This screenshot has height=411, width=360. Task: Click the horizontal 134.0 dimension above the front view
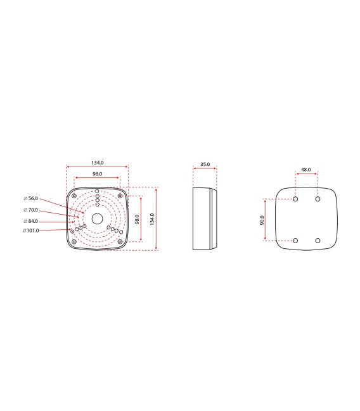[x=97, y=163]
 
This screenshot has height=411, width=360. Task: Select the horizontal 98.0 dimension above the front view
[x=97, y=174]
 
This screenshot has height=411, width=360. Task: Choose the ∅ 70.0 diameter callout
[x=31, y=210]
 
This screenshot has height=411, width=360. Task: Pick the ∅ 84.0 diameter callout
[x=31, y=220]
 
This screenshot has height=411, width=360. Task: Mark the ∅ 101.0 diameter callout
[x=31, y=231]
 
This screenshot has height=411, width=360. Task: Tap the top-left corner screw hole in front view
[x=75, y=196]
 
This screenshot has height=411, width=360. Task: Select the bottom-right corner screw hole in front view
[x=119, y=241]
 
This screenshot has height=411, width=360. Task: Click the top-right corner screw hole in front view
[x=119, y=196]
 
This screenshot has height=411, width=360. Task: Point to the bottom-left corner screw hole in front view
[x=75, y=241]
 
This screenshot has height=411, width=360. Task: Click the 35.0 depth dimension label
[x=205, y=164]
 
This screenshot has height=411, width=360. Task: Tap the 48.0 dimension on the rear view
[x=306, y=170]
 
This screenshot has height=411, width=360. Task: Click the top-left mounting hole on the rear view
[x=295, y=199]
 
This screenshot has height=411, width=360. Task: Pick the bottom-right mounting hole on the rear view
[x=318, y=241]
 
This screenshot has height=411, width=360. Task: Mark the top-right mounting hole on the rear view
[x=318, y=199]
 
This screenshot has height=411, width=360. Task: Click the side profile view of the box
[x=204, y=218]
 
